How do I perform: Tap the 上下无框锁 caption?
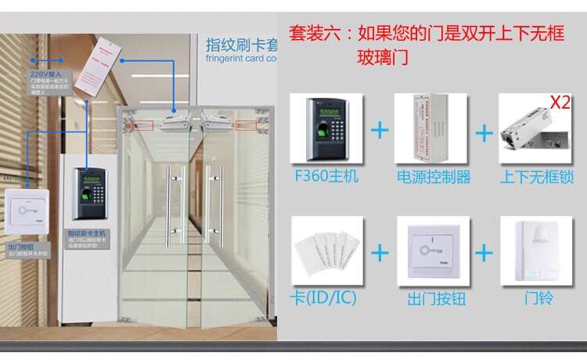point(537,177)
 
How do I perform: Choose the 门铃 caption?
point(537,299)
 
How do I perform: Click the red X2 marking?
point(560,103)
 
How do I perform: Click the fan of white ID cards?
point(324,252)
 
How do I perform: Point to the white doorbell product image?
point(537,250)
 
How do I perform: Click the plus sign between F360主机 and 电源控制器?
point(380,130)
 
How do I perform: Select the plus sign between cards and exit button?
point(380,253)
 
